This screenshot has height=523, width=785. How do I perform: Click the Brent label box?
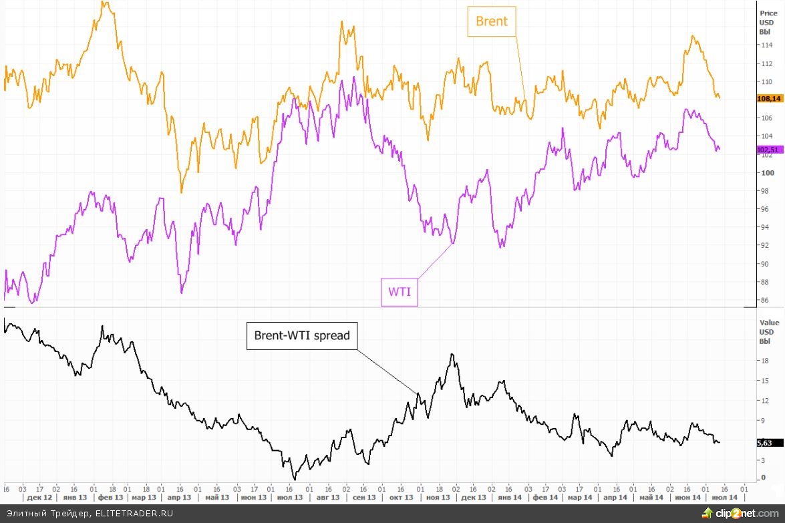pos(492,21)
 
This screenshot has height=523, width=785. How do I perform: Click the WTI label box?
pos(399,292)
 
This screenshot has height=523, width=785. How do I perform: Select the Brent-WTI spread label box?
pos(302,335)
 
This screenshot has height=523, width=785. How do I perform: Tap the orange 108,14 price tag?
pos(769,99)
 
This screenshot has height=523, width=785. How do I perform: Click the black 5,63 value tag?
pos(764,442)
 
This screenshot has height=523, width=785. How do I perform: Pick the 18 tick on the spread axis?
pos(764,361)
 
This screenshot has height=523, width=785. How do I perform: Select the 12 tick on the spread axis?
pos(764,400)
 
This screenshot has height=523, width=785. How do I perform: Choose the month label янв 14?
pos(510,498)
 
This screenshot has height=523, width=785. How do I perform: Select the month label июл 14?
pos(726,498)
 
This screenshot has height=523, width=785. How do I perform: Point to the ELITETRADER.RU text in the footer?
pos(134,513)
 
